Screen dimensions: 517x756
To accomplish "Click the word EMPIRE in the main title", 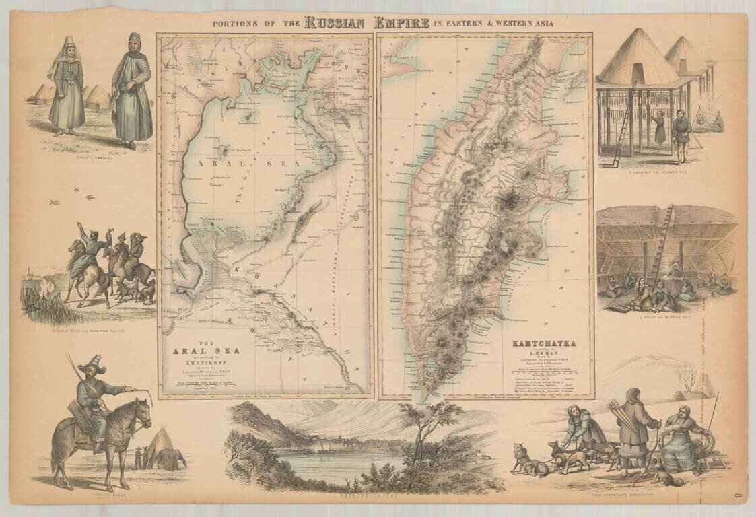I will click(398, 22).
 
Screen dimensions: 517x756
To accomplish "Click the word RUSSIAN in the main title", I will click(335, 22).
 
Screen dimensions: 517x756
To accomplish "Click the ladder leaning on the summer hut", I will click(623, 121).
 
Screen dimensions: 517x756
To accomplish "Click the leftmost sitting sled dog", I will click(521, 456).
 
